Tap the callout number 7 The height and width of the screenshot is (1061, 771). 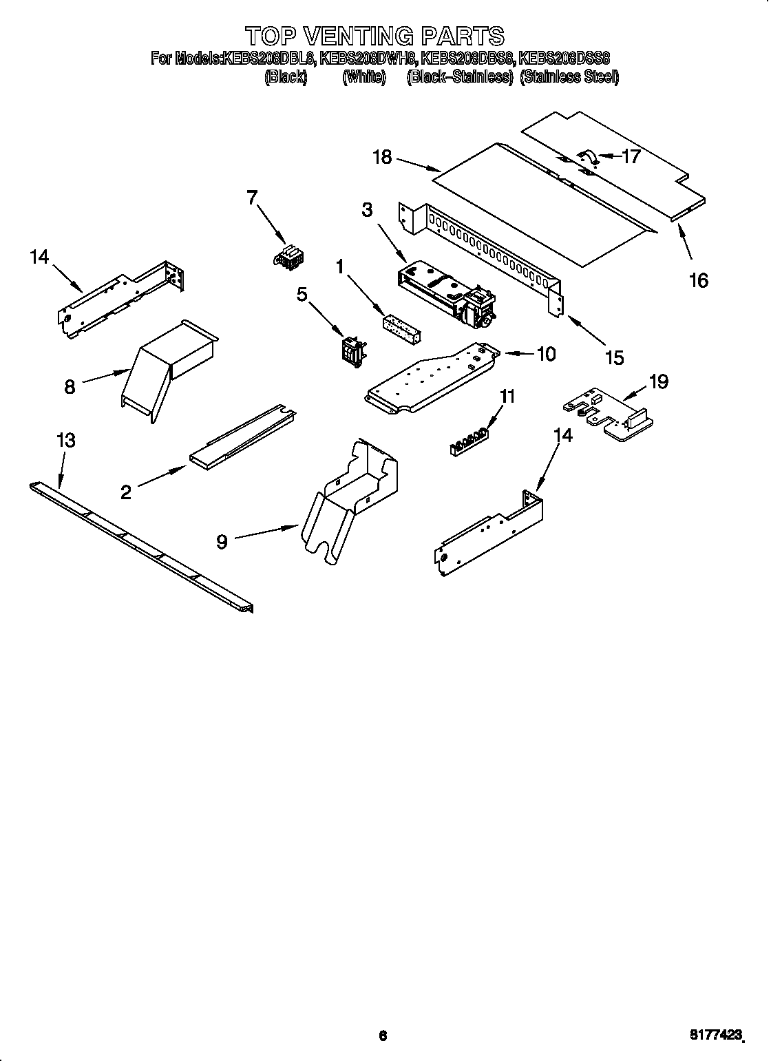(252, 198)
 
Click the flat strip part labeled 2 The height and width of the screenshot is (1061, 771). (241, 437)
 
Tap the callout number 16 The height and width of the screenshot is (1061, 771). (698, 280)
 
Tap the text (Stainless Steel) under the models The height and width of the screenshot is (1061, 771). (569, 77)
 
